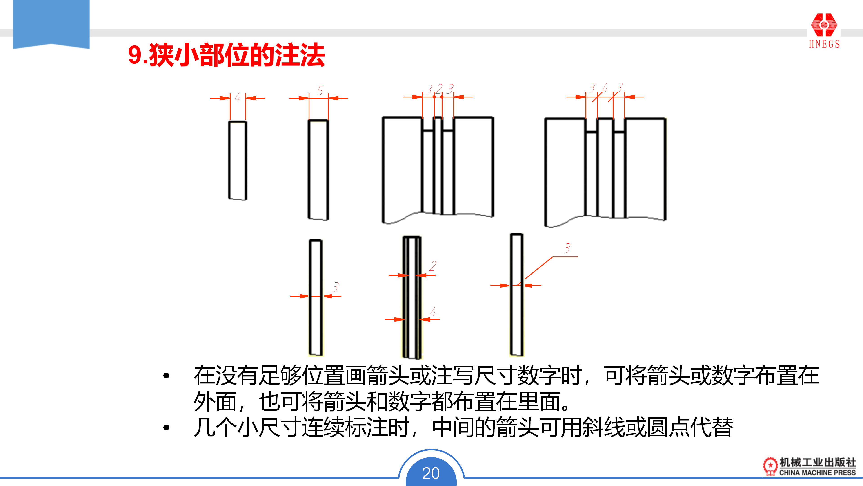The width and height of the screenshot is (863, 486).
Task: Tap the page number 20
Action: [x=431, y=473]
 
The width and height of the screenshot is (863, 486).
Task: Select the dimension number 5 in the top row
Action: [x=320, y=90]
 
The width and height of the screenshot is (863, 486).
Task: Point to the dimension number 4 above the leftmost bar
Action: [x=238, y=97]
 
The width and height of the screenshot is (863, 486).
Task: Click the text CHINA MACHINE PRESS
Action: [x=817, y=472]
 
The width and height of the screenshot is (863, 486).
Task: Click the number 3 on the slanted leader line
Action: [x=567, y=248]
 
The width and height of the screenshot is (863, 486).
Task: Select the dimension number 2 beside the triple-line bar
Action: [x=433, y=266]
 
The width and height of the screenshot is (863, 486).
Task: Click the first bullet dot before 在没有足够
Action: [x=166, y=376]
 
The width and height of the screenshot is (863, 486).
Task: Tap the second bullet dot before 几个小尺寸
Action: [x=166, y=428]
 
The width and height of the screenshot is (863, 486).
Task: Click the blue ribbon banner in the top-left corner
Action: [x=51, y=23]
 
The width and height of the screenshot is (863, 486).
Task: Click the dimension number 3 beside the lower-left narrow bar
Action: [x=335, y=287]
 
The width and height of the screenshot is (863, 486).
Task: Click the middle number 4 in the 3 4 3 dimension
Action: [x=605, y=88]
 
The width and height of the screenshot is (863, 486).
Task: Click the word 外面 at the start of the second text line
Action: [x=215, y=401]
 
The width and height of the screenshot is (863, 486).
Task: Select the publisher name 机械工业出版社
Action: [x=817, y=462]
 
